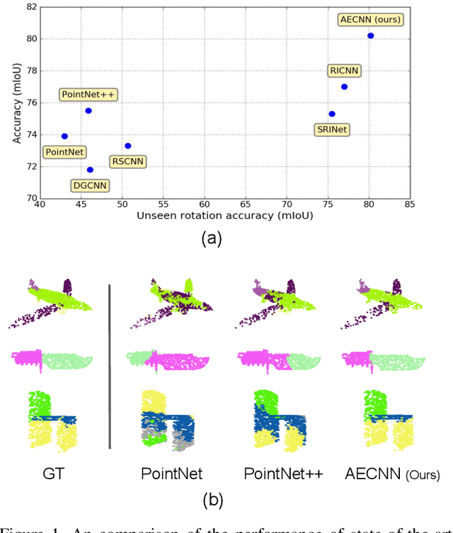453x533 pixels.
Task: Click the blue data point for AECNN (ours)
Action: point(370,35)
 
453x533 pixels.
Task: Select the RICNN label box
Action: point(345,71)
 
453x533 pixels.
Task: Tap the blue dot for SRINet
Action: point(331,114)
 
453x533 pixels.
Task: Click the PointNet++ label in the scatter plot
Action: point(88,94)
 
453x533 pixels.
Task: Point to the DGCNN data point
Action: point(90,170)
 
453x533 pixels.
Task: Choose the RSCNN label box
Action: point(127,161)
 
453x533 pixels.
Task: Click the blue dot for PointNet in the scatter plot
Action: point(64,136)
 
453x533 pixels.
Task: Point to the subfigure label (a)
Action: point(211,239)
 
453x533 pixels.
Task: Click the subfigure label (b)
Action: point(211,500)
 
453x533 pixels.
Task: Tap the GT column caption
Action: point(53,474)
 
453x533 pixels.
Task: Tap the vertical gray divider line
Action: point(110,366)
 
